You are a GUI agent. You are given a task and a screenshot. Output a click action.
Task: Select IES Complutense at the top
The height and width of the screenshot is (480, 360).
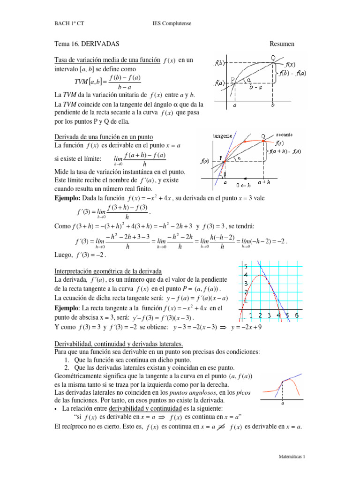click(x=172, y=23)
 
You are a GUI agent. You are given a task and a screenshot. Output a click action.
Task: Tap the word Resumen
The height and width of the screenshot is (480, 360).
click(x=282, y=44)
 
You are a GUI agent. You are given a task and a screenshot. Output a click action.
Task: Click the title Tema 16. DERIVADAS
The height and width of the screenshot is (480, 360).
click(x=87, y=44)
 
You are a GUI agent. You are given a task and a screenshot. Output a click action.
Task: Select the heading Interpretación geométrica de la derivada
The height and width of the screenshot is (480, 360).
click(x=108, y=271)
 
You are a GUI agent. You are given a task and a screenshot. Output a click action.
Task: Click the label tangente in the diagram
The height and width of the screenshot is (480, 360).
click(x=223, y=136)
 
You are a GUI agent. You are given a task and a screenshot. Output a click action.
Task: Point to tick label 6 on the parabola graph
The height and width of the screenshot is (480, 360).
click(x=296, y=315)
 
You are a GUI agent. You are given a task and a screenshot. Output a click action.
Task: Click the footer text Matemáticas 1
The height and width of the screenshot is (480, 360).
click(x=292, y=456)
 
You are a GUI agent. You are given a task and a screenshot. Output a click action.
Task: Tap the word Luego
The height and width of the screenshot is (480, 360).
click(x=63, y=255)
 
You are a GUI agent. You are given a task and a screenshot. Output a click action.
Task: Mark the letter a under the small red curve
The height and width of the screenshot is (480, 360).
click(x=283, y=403)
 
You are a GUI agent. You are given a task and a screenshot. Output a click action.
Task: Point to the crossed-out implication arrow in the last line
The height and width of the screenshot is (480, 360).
click(x=219, y=427)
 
